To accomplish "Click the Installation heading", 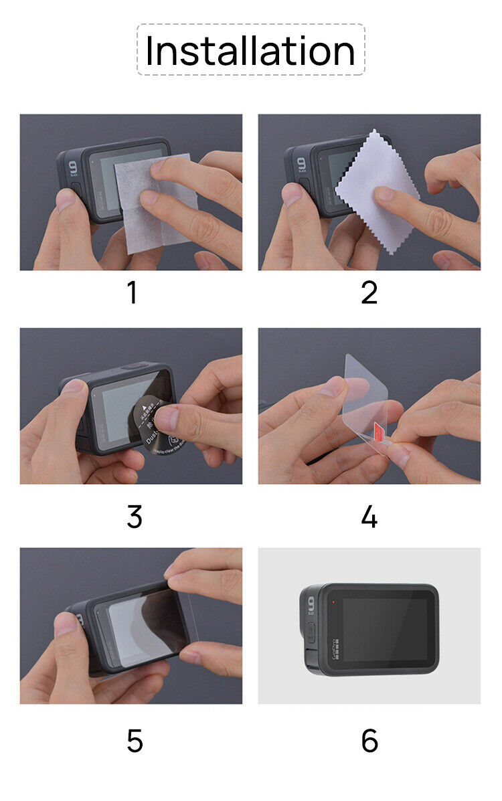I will pos(250,51).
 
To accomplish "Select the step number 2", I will pos(369,293).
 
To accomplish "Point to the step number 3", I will pos(134,517).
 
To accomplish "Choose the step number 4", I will pos(369,517).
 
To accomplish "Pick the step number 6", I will pos(369,741).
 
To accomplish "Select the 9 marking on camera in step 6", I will pos(311,604).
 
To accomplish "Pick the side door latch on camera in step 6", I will pos(310,632).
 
